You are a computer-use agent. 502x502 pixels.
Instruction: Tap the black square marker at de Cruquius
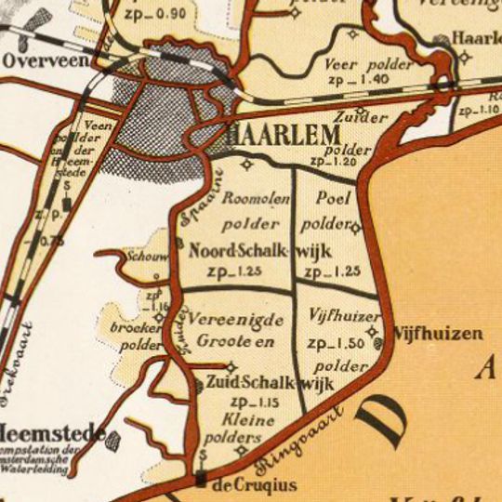coord(201,479)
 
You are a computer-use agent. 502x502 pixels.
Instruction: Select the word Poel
coord(332,199)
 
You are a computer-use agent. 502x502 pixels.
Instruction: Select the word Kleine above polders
coord(250,420)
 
